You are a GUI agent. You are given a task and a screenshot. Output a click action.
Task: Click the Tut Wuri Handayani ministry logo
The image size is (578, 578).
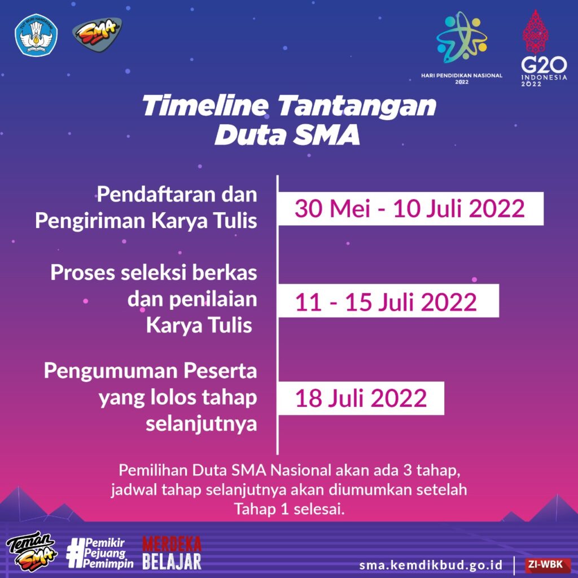36,35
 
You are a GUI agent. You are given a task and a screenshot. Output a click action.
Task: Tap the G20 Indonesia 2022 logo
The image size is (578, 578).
544,49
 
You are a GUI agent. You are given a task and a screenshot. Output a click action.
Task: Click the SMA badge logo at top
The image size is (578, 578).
97,34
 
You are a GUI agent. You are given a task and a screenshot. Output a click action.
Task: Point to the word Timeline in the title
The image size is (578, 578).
205,106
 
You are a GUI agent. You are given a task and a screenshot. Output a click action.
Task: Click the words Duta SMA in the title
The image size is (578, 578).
287,135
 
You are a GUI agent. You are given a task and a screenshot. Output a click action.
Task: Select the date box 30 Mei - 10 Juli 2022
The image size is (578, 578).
411,209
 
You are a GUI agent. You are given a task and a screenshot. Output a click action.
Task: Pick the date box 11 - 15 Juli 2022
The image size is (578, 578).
388,301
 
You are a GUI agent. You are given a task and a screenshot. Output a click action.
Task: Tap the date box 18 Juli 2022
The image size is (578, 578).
361,399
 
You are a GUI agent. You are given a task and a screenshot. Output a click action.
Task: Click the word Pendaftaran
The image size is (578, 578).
156,194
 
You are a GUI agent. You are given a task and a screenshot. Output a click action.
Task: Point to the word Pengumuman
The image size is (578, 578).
110,371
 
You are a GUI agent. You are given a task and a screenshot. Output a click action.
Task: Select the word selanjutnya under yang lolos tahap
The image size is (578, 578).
202,424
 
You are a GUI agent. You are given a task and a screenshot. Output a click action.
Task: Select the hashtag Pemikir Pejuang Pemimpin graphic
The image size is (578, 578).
100,553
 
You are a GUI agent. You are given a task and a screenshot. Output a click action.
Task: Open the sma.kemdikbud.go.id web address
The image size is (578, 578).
431,564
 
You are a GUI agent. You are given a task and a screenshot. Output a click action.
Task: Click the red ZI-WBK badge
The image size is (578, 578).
547,564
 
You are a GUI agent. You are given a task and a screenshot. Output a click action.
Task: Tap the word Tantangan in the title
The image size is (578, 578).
357,106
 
